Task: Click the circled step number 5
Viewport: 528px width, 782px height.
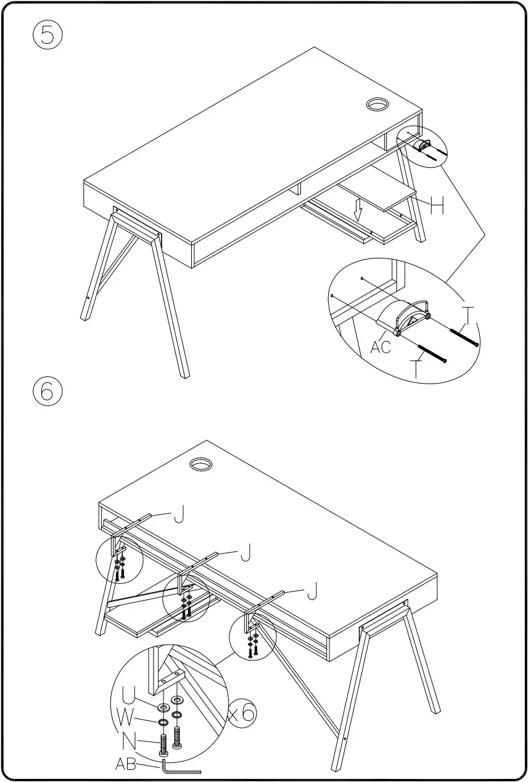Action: pyautogui.click(x=47, y=36)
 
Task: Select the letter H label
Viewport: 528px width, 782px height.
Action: pyautogui.click(x=437, y=207)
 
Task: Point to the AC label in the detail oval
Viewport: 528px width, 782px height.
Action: pyautogui.click(x=381, y=347)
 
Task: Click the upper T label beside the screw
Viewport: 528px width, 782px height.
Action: pyautogui.click(x=469, y=316)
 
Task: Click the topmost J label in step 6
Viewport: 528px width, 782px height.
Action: pyautogui.click(x=178, y=514)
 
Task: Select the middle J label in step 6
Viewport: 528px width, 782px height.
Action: pyautogui.click(x=245, y=554)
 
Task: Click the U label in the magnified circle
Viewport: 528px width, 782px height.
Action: pyautogui.click(x=128, y=697)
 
